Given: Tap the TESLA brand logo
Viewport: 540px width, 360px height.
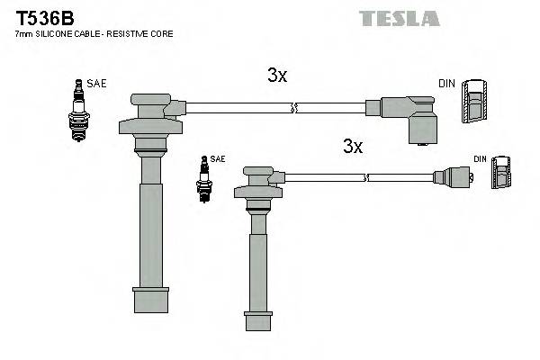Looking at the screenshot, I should click(400, 18).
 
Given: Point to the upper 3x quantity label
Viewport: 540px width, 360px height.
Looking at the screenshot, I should click(277, 76).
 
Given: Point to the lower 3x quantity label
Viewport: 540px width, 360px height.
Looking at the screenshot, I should click(352, 146).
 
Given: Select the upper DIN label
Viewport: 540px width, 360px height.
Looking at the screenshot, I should click(446, 83).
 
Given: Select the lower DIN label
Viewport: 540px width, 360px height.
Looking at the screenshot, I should click(480, 159).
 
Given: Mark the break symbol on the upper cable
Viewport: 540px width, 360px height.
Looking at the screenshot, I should click(293, 109).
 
